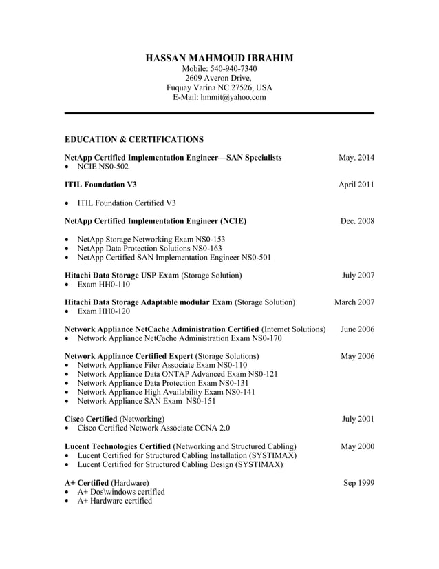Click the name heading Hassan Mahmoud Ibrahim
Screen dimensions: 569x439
point(219,58)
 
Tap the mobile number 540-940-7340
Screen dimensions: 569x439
point(234,69)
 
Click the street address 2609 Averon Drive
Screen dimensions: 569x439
point(219,79)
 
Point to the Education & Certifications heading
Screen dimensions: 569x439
point(133,139)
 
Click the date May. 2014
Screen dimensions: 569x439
point(356,158)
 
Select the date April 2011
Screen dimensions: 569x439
point(356,185)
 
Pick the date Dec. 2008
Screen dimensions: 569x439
point(357,221)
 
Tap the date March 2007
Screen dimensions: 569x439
point(354,302)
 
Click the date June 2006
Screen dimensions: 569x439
point(357,329)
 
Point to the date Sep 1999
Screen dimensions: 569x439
point(358,483)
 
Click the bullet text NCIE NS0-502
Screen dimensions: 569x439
point(103,167)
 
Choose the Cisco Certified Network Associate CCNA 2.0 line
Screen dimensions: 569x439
point(153,428)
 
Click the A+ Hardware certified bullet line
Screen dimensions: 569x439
point(115,501)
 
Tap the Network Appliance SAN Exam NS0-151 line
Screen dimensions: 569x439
point(147,401)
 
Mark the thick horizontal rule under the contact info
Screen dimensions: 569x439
point(219,113)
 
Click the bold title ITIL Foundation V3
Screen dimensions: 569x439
point(100,185)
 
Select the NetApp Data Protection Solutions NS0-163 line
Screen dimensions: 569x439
point(149,249)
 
